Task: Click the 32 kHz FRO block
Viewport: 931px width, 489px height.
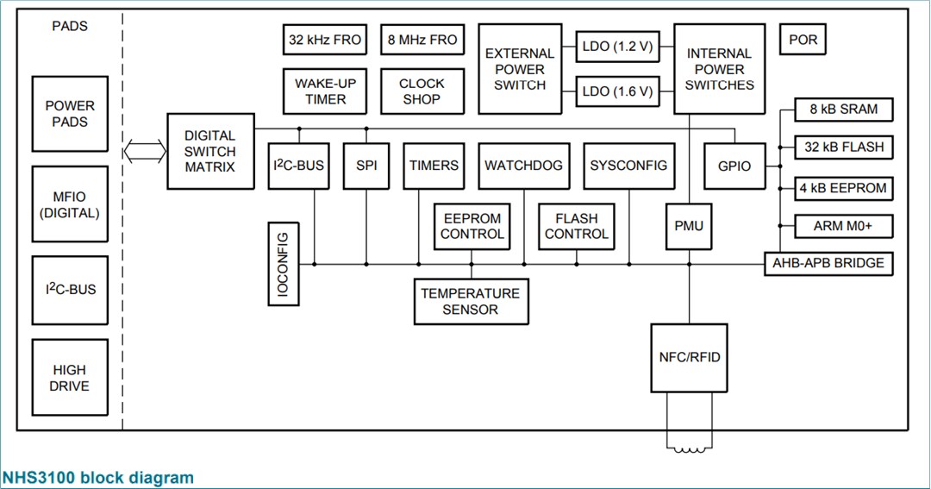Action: (324, 40)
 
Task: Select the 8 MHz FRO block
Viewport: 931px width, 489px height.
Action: (422, 40)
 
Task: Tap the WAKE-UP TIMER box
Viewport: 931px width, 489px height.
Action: (325, 91)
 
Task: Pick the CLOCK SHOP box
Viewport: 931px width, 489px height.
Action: (422, 91)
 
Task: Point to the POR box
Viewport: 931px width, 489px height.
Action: (803, 41)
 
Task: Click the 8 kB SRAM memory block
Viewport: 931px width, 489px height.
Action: (844, 110)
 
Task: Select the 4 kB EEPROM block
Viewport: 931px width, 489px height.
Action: (844, 188)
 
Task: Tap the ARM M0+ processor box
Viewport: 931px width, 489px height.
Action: (844, 227)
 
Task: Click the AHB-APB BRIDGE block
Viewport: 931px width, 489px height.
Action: (828, 263)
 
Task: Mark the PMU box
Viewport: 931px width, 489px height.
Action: (689, 227)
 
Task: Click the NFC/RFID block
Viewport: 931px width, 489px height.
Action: (689, 357)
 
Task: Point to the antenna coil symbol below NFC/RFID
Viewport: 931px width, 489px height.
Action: (689, 448)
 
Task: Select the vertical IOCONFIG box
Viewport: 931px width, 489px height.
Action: (282, 264)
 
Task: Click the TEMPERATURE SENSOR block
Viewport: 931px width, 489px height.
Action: (471, 301)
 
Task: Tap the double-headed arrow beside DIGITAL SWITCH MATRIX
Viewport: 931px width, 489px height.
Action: (144, 152)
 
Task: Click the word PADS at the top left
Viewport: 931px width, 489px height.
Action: (70, 26)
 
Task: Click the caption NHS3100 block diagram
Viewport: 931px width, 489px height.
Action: (98, 477)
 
